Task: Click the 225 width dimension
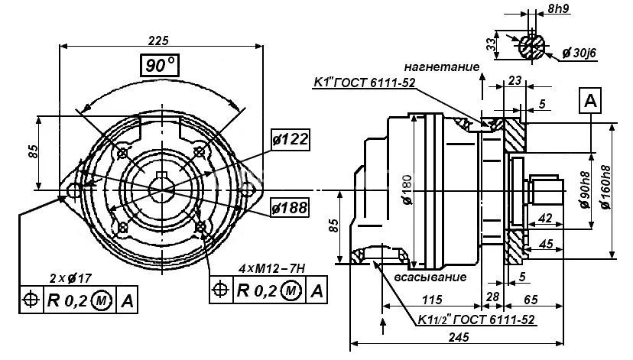pos(158,40)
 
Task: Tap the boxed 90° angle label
pos(158,66)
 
